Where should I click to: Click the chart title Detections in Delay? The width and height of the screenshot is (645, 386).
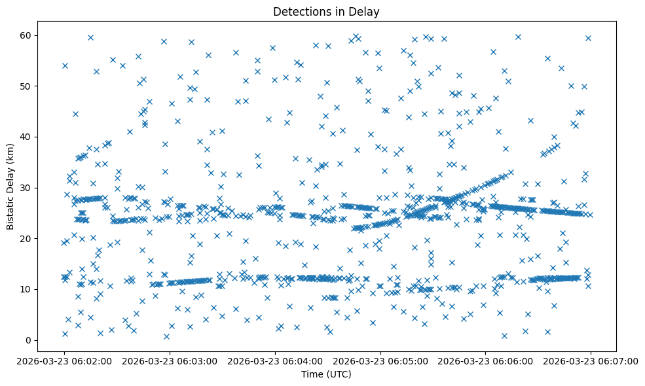(326, 12)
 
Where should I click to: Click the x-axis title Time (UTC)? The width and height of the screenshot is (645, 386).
(326, 374)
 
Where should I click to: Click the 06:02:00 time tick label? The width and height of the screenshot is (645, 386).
(64, 360)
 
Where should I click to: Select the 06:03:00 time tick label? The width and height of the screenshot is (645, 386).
(170, 360)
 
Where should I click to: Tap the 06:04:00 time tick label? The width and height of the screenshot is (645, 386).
(275, 360)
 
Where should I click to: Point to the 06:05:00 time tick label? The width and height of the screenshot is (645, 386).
(380, 360)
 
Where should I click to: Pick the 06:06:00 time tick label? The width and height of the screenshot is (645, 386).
(485, 360)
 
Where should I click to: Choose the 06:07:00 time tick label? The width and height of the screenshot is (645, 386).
(591, 360)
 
